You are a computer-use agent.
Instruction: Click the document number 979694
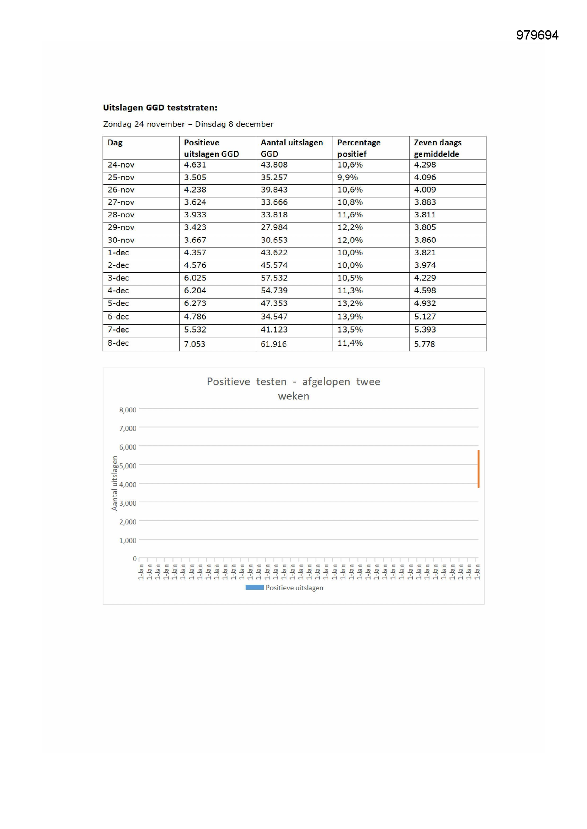click(537, 35)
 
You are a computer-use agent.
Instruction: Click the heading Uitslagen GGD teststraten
click(160, 107)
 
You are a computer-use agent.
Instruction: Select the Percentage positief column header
click(358, 148)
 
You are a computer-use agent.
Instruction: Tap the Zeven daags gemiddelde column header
click(437, 148)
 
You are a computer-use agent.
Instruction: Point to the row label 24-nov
click(121, 165)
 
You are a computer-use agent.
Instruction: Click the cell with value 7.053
click(194, 344)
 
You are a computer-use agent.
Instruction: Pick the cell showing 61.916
click(274, 344)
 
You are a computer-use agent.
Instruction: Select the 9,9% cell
click(347, 178)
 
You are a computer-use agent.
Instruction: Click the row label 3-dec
click(118, 278)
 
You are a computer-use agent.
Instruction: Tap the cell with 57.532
click(274, 278)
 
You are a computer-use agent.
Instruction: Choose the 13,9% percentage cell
click(350, 317)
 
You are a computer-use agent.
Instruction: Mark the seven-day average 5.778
click(424, 344)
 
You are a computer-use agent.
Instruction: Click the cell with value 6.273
click(195, 304)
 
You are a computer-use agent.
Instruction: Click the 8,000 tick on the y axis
click(128, 410)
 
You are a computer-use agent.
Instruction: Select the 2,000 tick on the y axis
click(128, 522)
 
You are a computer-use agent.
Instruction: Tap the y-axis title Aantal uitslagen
click(115, 483)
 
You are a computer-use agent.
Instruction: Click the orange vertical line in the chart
click(478, 469)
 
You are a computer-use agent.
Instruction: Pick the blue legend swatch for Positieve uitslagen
click(254, 588)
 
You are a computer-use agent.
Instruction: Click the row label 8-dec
click(118, 343)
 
